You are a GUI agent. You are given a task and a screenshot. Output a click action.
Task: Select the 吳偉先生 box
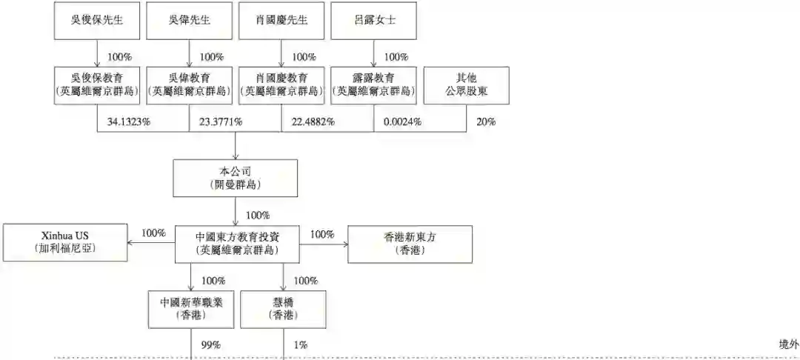(x=190, y=20)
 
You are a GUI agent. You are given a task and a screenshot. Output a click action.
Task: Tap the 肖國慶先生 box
(x=281, y=20)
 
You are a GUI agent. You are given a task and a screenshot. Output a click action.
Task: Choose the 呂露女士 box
(x=374, y=20)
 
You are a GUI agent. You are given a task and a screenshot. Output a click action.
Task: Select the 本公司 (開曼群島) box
(x=236, y=177)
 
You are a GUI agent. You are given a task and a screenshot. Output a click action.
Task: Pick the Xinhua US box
(x=65, y=242)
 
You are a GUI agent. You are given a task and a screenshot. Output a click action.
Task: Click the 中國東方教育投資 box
(x=237, y=242)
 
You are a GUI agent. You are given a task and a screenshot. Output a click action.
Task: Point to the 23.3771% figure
(x=220, y=121)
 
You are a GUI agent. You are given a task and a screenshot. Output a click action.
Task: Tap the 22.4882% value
(x=312, y=121)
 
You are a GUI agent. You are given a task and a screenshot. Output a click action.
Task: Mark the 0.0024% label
(x=403, y=121)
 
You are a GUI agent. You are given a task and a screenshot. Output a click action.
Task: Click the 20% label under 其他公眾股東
(x=486, y=121)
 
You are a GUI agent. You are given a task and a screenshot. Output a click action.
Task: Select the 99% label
(x=211, y=344)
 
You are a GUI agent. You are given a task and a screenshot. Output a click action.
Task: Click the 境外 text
(x=789, y=344)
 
